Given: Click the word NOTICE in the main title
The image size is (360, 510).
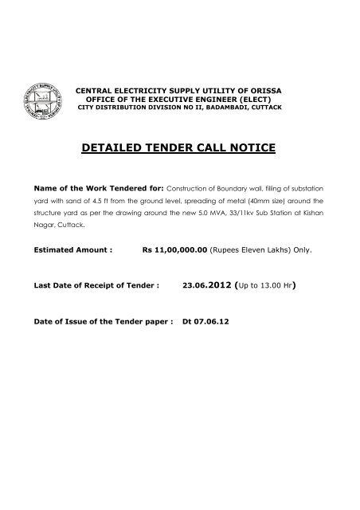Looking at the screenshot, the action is pos(252,148).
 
